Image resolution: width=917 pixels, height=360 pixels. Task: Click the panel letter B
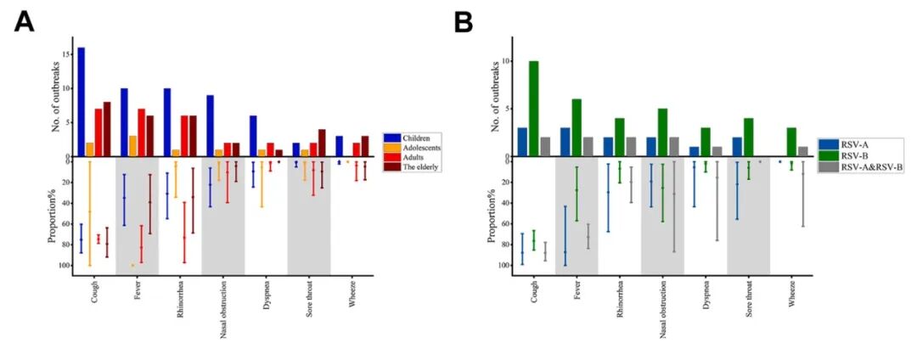(x=464, y=22)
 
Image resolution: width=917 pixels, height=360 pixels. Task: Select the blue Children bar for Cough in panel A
(x=82, y=102)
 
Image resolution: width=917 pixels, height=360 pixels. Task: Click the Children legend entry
(x=414, y=138)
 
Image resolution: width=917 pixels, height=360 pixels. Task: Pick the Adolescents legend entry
(x=419, y=148)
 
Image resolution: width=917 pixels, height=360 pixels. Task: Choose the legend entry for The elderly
(x=418, y=168)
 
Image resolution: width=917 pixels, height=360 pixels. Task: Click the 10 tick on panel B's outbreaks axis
(x=504, y=61)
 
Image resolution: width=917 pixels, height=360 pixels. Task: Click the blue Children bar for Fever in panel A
(x=124, y=122)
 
